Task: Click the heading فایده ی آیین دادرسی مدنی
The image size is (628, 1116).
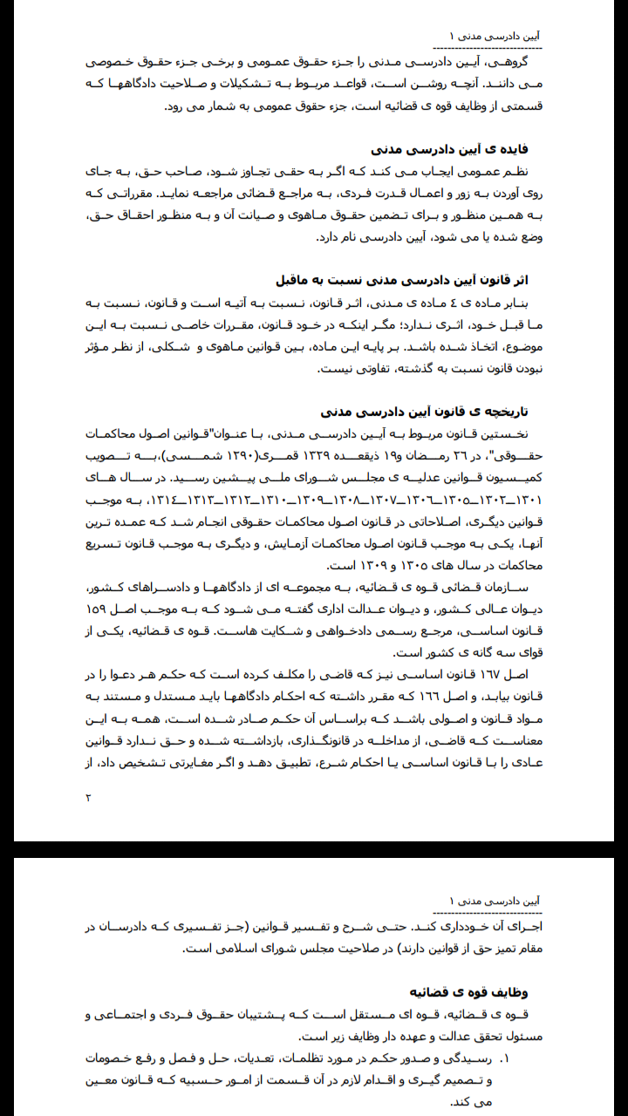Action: pos(449,149)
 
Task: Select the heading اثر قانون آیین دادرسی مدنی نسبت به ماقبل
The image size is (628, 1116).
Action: pos(402,280)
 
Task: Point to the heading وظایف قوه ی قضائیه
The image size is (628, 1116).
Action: pos(469,992)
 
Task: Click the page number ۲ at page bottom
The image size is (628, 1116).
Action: pos(88,797)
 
